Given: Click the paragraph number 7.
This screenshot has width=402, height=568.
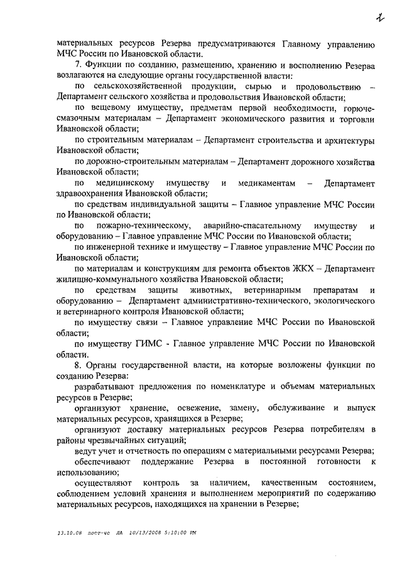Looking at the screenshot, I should pos(77,65).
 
